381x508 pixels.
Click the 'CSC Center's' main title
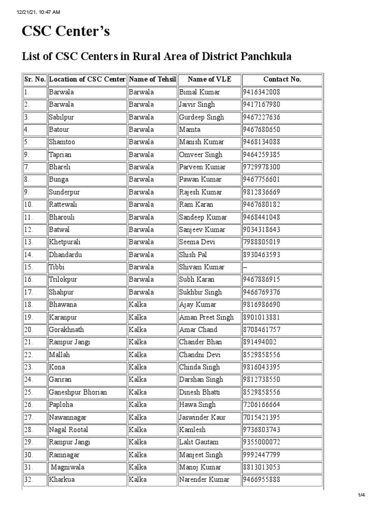[65, 32]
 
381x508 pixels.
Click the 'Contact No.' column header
[282, 79]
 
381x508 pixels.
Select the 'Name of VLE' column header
[209, 79]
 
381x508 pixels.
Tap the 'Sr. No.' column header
[34, 79]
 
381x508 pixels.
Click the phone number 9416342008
[261, 92]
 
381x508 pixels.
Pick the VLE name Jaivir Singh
[197, 105]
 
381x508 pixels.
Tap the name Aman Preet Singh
[206, 317]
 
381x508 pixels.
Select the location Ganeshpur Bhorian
[77, 392]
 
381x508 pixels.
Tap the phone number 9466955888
[261, 480]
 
